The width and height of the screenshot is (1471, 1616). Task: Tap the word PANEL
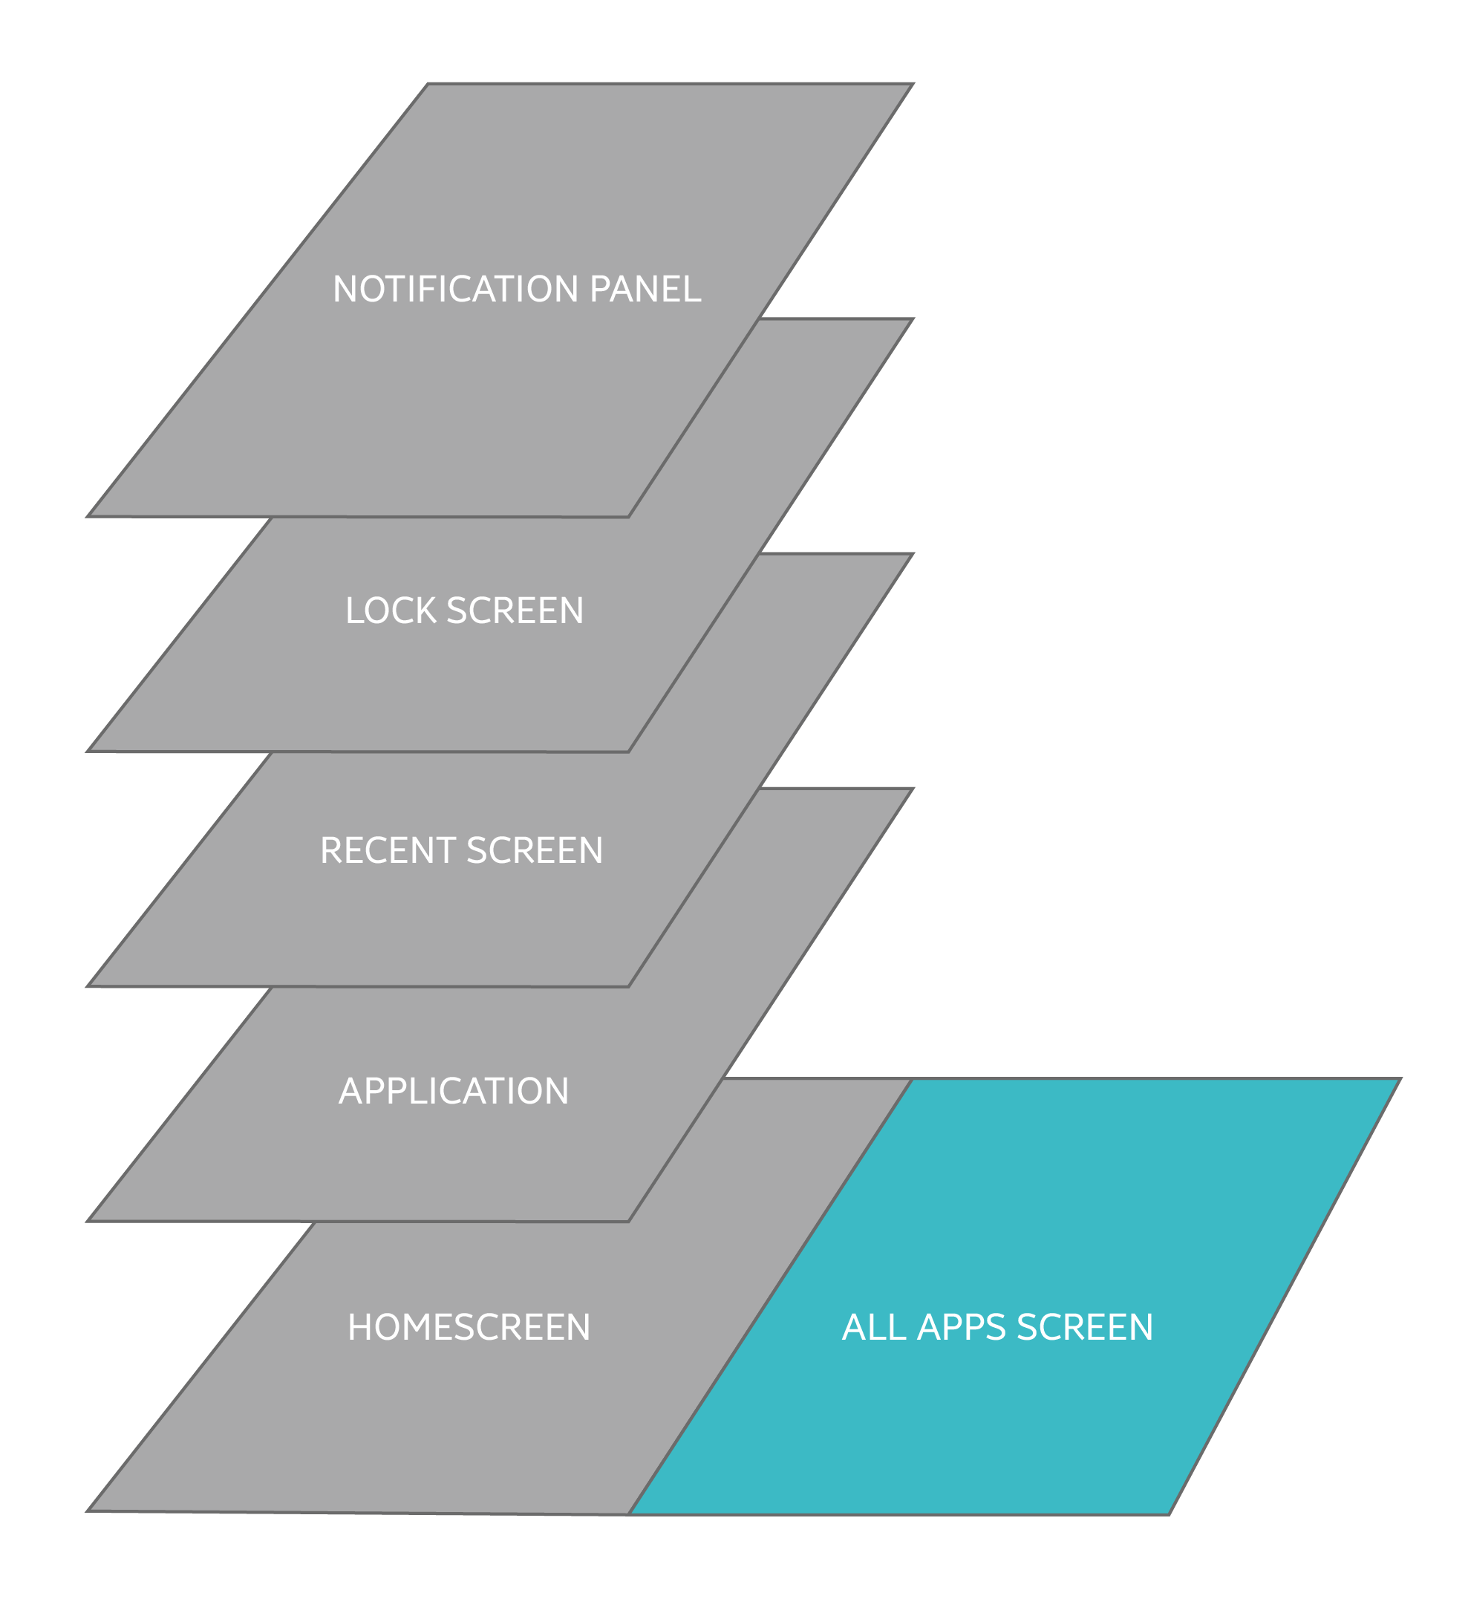(x=645, y=290)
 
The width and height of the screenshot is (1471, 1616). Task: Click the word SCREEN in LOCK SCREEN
(x=515, y=610)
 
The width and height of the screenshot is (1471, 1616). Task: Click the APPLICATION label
(x=454, y=1091)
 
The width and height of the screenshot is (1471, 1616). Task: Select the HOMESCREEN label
(x=469, y=1327)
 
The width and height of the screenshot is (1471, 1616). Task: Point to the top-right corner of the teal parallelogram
(x=1400, y=1079)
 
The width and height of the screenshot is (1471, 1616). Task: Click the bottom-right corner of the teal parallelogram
(x=1170, y=1514)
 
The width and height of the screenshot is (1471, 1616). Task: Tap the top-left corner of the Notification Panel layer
(x=427, y=83)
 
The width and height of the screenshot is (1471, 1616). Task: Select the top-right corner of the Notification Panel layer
(x=914, y=83)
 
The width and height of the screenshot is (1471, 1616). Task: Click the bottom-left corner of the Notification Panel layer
(x=87, y=516)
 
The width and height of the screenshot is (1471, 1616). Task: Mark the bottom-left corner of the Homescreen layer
(x=87, y=1511)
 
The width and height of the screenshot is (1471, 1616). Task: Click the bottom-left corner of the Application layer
(x=87, y=1222)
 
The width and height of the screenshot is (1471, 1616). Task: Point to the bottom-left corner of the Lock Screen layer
(x=87, y=751)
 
